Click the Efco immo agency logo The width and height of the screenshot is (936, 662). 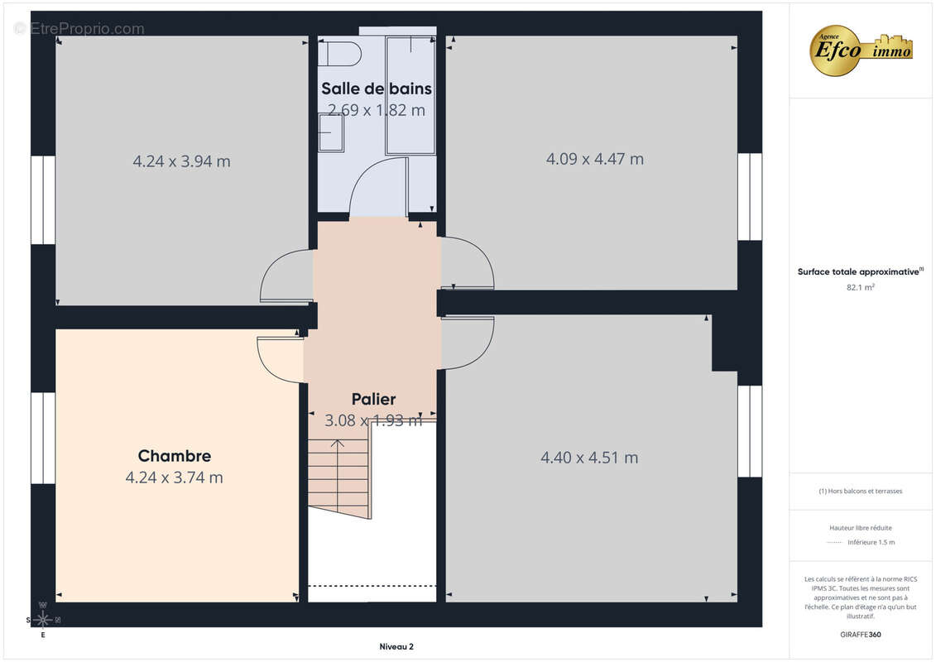[x=862, y=50]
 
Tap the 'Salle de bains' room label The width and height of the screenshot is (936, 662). [x=377, y=89]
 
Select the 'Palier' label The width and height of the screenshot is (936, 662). [x=373, y=399]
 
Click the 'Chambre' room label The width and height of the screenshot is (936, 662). [x=174, y=456]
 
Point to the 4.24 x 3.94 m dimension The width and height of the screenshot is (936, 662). [x=181, y=161]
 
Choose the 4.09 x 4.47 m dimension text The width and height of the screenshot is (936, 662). [x=594, y=159]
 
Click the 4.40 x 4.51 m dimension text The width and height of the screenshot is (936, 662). [x=589, y=458]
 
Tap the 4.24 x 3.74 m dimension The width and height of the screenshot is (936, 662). [x=174, y=477]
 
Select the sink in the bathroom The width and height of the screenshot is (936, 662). [x=331, y=132]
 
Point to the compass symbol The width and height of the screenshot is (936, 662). [x=42, y=619]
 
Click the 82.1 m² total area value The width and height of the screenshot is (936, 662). [x=860, y=287]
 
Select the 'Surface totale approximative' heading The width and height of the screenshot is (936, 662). [x=859, y=271]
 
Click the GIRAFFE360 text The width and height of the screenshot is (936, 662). [x=861, y=635]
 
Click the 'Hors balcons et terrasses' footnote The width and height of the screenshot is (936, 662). [x=860, y=491]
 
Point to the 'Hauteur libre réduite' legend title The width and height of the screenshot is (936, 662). [x=861, y=527]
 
